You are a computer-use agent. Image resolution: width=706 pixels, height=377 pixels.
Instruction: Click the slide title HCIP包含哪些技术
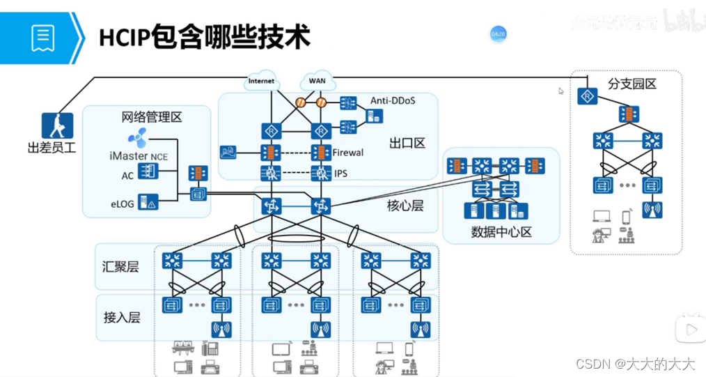(203, 37)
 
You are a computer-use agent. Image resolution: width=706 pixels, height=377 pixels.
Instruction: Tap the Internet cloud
(261, 81)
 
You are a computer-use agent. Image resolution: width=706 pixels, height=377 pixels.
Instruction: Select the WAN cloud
(317, 81)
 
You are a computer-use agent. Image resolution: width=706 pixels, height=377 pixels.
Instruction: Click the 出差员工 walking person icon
(57, 125)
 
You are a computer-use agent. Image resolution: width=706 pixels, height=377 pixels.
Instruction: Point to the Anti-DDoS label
(393, 100)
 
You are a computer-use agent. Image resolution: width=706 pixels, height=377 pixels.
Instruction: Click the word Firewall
(348, 153)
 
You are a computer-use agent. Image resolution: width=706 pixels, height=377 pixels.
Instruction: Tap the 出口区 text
(407, 144)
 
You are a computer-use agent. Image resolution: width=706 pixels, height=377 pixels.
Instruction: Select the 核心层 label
(405, 206)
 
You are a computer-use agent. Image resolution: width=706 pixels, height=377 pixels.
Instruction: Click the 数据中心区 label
(501, 231)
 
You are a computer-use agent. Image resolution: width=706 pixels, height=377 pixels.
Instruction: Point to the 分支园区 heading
(632, 84)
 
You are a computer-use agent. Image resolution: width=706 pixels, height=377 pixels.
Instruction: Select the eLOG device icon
(148, 203)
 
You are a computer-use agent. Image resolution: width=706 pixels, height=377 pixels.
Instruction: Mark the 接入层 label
(122, 317)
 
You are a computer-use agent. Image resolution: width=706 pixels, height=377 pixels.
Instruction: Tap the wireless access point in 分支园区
(652, 209)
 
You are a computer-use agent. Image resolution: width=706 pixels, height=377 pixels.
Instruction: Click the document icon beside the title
(43, 38)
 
